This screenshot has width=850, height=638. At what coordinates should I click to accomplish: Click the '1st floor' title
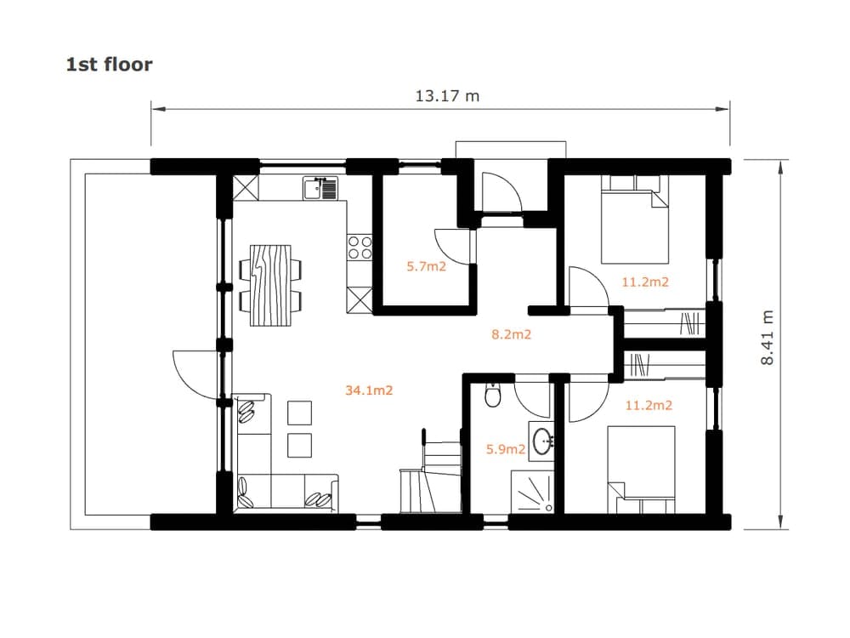coord(109,65)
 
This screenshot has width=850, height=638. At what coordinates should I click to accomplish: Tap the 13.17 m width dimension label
coord(447,96)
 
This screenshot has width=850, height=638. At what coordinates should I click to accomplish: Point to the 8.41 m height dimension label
coord(767,338)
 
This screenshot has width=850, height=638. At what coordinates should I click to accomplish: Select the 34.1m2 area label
coord(369,390)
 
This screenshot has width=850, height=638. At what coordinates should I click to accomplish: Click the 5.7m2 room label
coord(427,266)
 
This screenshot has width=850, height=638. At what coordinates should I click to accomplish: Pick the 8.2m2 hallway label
coord(511,334)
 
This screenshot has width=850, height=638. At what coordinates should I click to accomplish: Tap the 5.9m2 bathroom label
coord(506,449)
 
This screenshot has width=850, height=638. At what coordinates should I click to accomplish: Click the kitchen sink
coord(320,188)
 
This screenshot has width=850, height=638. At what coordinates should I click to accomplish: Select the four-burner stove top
coord(360,248)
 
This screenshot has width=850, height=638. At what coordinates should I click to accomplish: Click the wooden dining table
coord(270,285)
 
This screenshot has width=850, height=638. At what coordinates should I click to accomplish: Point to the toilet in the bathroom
coord(493,396)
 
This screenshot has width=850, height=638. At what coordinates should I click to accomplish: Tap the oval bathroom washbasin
coord(542,441)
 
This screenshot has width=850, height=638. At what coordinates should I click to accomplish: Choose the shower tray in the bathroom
coord(532,492)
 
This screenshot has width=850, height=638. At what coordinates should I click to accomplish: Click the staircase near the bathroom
coord(431,471)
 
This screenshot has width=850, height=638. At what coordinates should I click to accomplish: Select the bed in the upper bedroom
coord(635,219)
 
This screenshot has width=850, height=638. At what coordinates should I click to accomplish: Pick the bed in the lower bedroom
coord(641,470)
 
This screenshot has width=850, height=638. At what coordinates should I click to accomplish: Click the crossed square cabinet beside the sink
coord(246,187)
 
